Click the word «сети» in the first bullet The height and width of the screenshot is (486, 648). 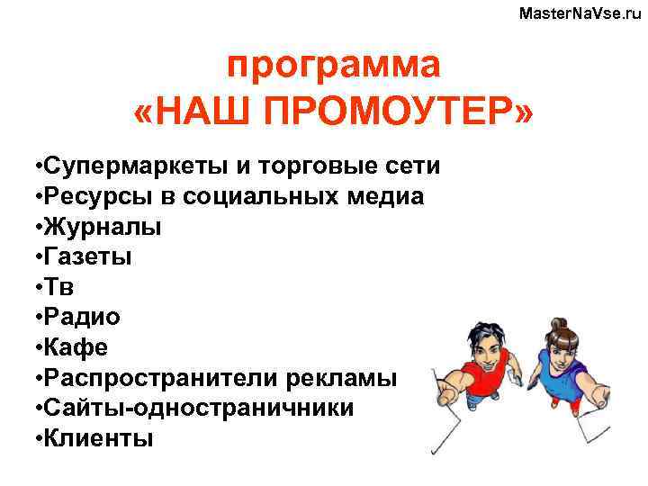411,166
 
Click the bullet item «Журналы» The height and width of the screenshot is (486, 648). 100,227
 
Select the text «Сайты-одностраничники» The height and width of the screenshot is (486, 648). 198,409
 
